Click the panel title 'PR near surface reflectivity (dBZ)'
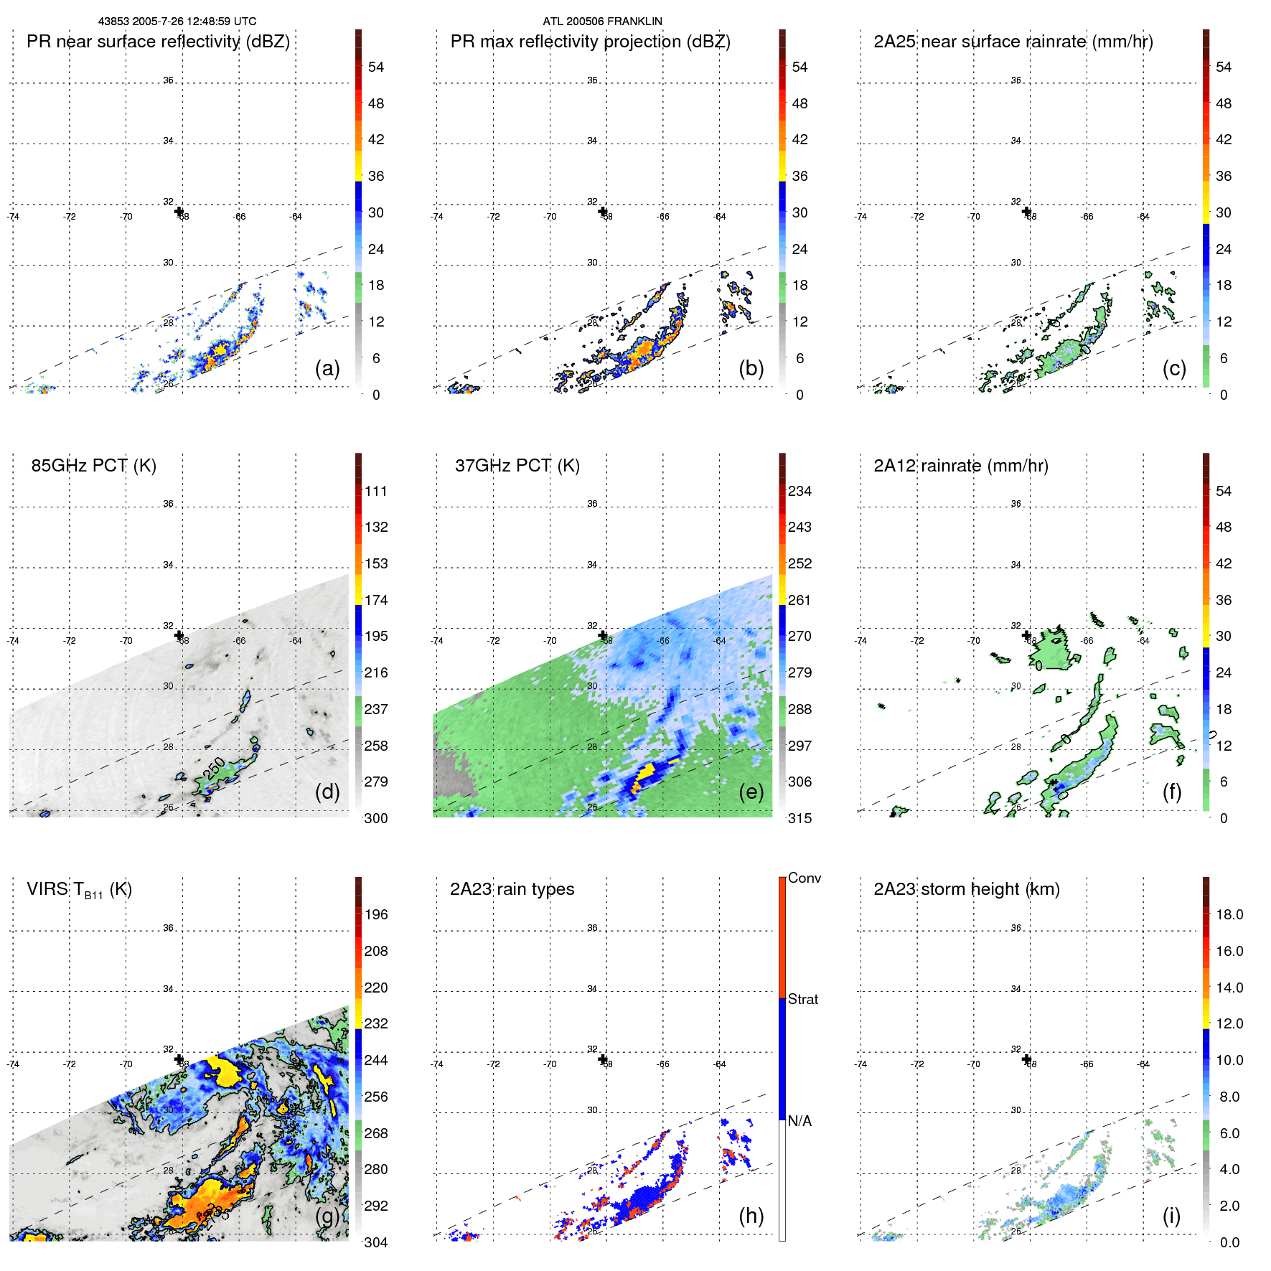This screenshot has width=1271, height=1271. [x=158, y=42]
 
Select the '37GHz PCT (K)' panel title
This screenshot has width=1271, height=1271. [x=517, y=466]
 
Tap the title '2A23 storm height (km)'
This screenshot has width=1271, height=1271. [x=966, y=889]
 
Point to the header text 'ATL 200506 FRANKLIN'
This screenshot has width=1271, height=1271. [x=602, y=22]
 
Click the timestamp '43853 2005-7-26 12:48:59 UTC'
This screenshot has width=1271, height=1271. [x=177, y=22]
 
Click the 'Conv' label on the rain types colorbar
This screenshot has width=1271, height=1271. [x=805, y=878]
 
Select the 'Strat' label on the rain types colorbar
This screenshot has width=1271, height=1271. [x=803, y=1000]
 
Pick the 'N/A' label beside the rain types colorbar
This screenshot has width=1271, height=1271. [x=799, y=1121]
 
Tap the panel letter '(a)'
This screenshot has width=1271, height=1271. [x=327, y=368]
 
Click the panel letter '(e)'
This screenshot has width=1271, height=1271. [x=751, y=792]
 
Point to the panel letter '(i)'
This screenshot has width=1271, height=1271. [x=1171, y=1216]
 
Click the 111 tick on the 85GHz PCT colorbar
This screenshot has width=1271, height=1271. [x=376, y=492]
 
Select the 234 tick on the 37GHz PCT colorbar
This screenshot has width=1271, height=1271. [x=799, y=492]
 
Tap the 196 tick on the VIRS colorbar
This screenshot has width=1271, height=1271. [x=376, y=915]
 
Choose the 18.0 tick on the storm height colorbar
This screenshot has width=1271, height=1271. [x=1229, y=915]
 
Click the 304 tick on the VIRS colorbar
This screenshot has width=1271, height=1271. [x=376, y=1242]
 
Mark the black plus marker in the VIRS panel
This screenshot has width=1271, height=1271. [x=179, y=1059]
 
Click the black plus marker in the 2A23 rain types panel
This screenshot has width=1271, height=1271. [x=603, y=1059]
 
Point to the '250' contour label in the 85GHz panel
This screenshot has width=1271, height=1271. [x=214, y=768]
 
